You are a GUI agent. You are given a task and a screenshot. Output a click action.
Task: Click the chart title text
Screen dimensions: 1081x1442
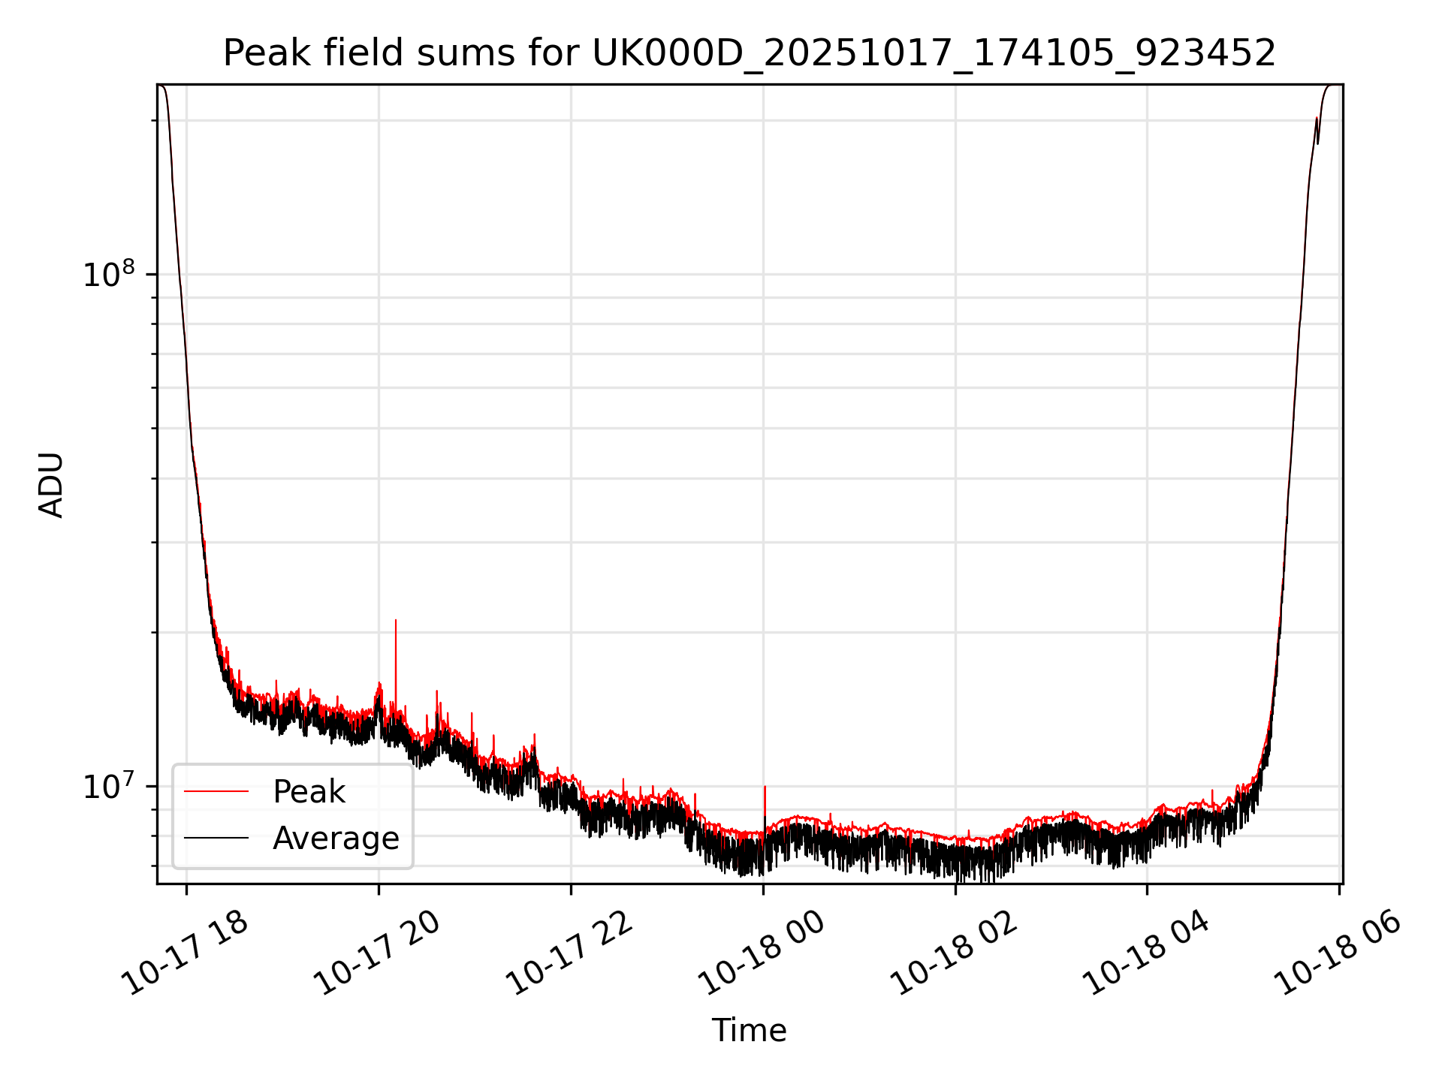click(749, 53)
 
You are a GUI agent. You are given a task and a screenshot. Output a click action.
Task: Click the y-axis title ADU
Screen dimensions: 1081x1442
click(51, 485)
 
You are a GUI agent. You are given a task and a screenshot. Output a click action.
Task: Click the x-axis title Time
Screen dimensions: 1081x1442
click(749, 1031)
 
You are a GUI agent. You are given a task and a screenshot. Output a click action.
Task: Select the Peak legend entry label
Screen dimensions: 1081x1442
click(309, 792)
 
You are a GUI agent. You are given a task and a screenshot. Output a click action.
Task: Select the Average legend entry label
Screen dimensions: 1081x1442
click(336, 839)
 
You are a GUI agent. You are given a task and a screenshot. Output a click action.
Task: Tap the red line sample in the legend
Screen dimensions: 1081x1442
click(216, 791)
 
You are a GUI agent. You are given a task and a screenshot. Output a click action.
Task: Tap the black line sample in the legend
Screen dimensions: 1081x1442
click(216, 838)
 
